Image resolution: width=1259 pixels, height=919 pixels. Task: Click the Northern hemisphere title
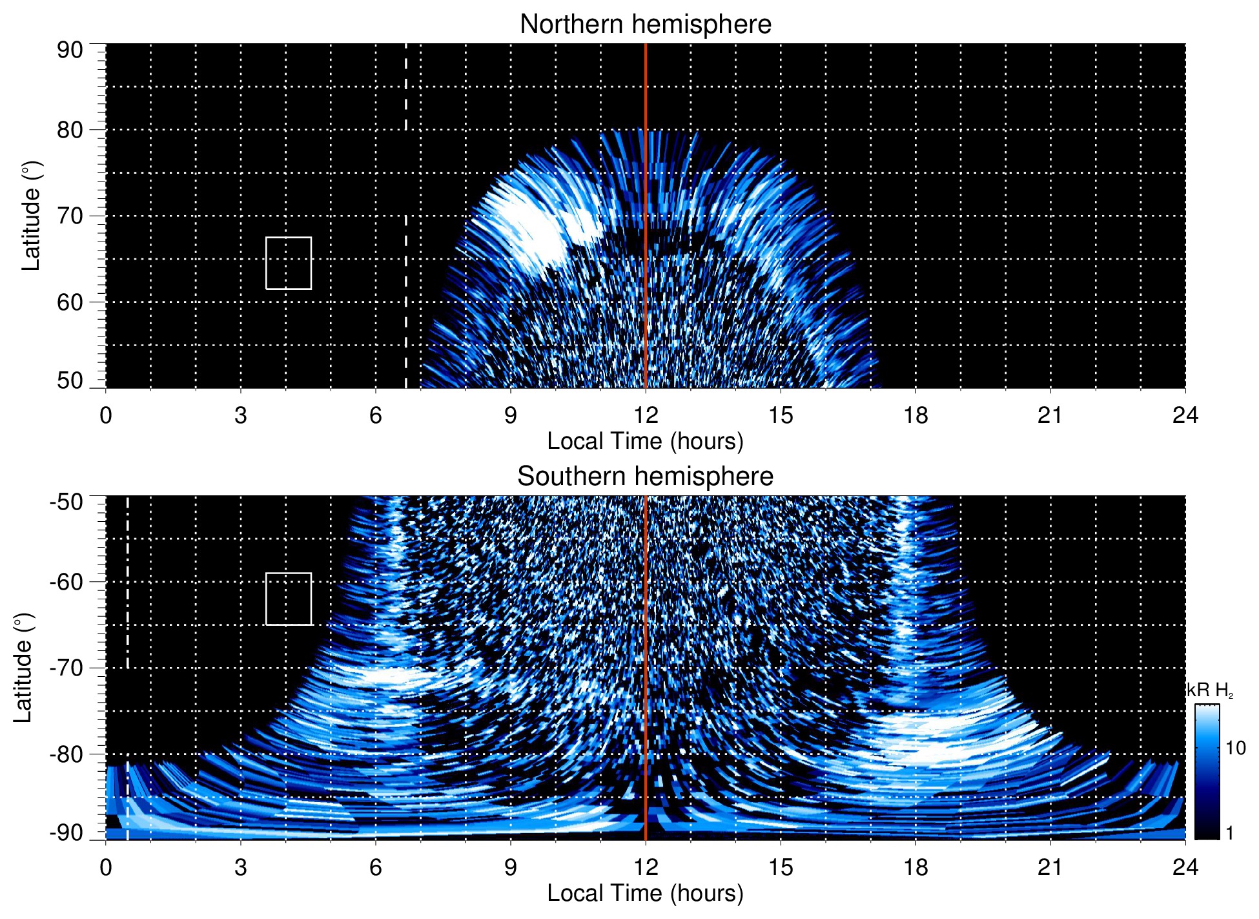(x=645, y=25)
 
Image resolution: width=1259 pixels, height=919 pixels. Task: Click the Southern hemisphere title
(x=645, y=477)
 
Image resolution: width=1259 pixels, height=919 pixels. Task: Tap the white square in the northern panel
(x=289, y=263)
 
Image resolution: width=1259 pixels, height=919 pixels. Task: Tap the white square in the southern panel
(x=289, y=599)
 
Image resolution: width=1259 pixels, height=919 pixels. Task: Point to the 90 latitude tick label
(x=70, y=50)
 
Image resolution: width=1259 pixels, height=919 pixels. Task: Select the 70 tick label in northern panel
(x=70, y=216)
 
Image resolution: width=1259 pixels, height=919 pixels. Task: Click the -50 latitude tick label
(x=67, y=502)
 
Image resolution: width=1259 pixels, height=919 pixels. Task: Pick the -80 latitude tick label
(x=67, y=754)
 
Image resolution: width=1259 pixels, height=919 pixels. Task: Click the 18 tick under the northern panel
(x=915, y=415)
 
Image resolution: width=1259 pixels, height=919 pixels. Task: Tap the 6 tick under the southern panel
(x=375, y=867)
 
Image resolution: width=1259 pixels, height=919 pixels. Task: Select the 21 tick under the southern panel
(x=1050, y=867)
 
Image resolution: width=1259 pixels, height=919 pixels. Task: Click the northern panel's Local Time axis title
(x=645, y=442)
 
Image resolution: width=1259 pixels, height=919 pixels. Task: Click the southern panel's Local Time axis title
(x=645, y=894)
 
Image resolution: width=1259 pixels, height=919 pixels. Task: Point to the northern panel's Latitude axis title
(x=31, y=216)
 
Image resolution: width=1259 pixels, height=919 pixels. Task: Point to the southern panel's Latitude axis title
(x=23, y=668)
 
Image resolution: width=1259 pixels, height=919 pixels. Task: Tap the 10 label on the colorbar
(x=1235, y=749)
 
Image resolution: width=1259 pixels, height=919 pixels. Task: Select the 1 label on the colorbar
(x=1229, y=833)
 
